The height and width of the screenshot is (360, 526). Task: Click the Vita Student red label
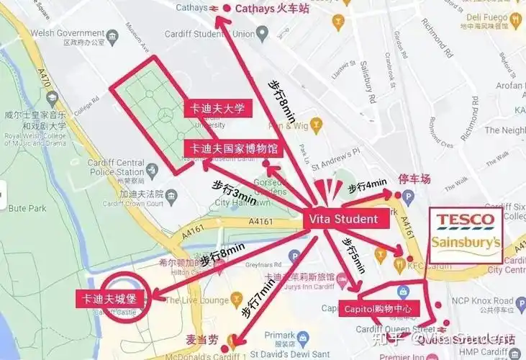coord(343,218)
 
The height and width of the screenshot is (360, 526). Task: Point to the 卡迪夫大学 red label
coord(217,109)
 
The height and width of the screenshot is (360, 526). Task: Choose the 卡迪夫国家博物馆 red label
coord(231,148)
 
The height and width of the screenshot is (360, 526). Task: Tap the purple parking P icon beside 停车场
coord(408,195)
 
